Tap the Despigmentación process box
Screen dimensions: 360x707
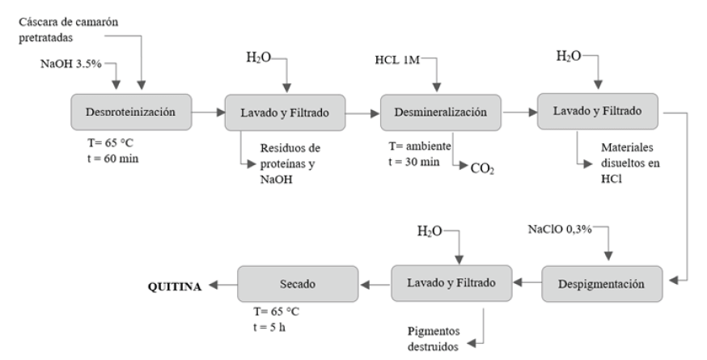(x=601, y=283)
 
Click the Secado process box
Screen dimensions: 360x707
(x=297, y=283)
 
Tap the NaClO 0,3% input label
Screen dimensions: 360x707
(x=557, y=230)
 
